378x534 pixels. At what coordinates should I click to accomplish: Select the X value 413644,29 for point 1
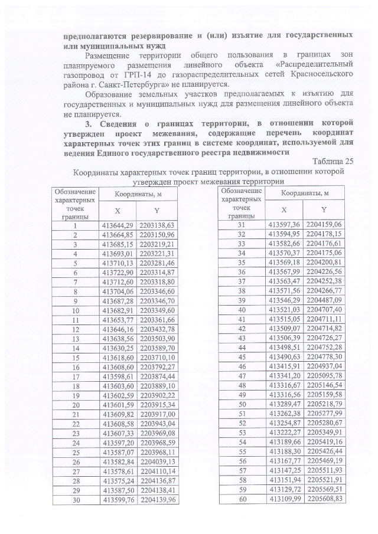(117, 225)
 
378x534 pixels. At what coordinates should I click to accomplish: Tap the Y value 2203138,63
(157, 225)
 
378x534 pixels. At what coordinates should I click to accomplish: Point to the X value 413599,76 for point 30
(117, 499)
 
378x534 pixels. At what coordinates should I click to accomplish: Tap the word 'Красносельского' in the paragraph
(321, 74)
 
